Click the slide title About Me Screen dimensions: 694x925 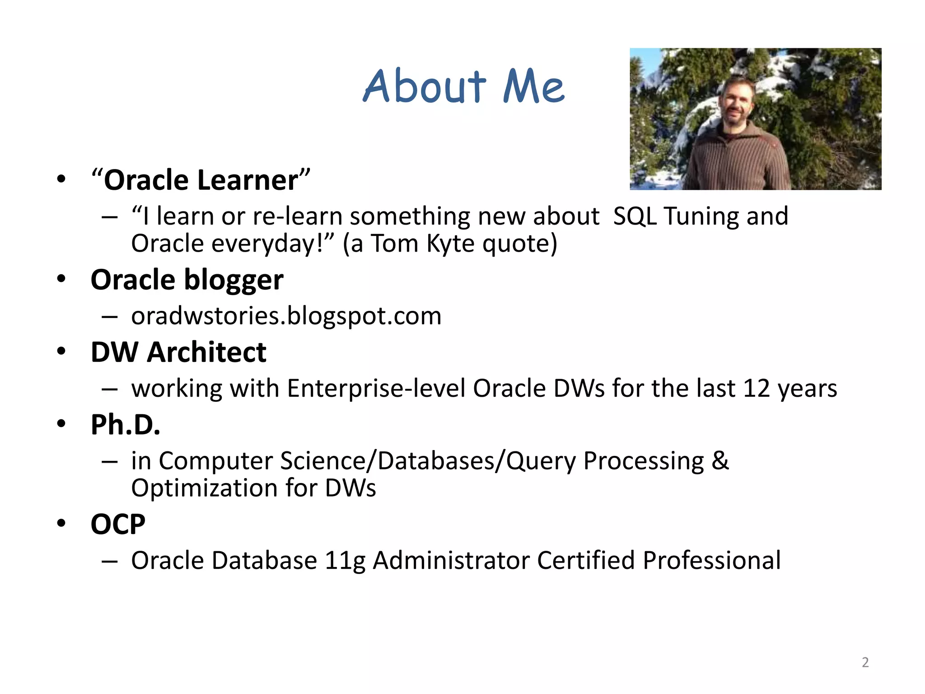(463, 86)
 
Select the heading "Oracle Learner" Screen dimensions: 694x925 (201, 180)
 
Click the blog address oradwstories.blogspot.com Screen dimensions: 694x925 (286, 316)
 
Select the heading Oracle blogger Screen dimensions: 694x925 (187, 280)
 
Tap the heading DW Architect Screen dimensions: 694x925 (178, 352)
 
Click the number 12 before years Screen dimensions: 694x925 (756, 388)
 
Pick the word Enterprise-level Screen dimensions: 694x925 (376, 388)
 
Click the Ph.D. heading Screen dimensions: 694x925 (125, 425)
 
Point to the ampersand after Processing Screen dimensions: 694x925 (720, 460)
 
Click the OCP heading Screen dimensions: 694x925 (118, 524)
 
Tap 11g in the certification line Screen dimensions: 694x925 (345, 561)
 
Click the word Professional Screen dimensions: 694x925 (711, 561)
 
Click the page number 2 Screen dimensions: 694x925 (865, 662)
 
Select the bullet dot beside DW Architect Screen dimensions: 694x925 (61, 351)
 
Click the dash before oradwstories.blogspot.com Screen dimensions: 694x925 (110, 317)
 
